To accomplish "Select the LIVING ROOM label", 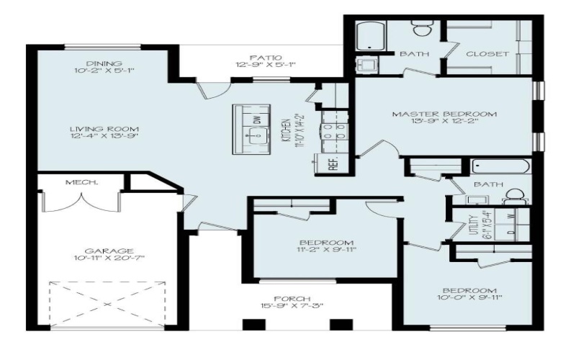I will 104,130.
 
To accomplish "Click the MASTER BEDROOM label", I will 444,114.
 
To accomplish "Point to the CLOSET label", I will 487,54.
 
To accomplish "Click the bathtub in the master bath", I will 372,36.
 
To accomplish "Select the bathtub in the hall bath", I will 500,167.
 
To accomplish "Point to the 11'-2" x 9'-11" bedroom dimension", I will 326,251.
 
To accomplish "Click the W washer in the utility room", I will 510,215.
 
